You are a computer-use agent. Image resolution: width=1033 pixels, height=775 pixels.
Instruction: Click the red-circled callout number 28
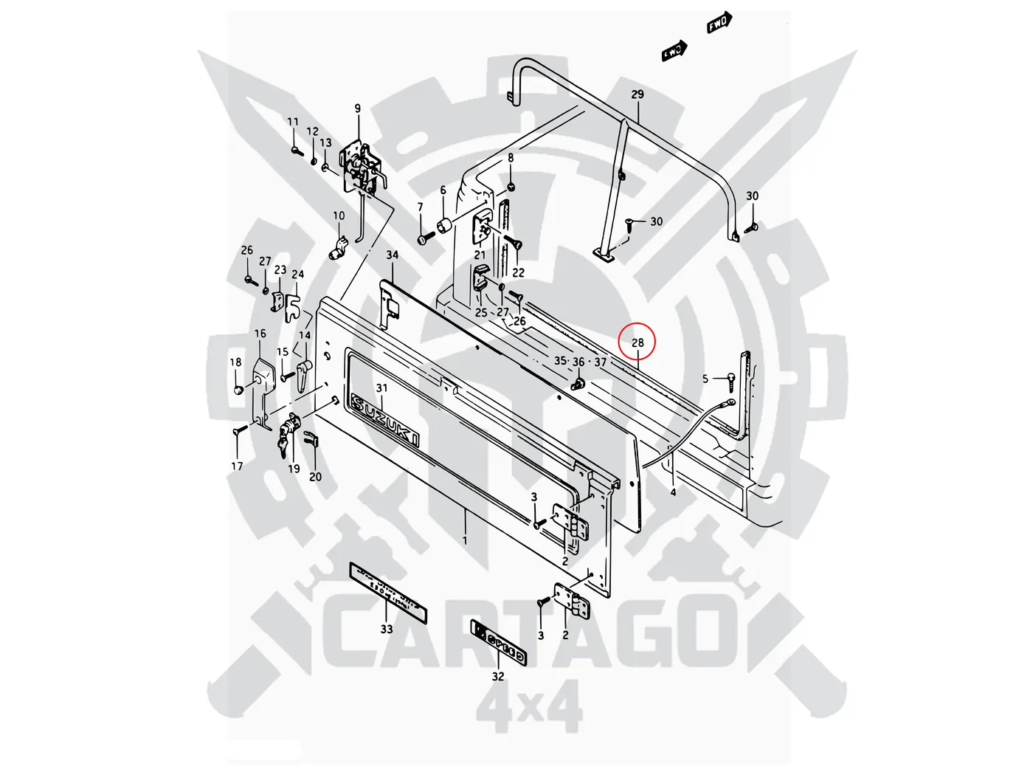638,342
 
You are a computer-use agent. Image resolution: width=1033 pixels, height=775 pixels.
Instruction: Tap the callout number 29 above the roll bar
638,94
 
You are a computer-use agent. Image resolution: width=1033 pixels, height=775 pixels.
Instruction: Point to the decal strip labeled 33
388,591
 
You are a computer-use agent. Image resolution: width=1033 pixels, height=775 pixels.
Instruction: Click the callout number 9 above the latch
358,109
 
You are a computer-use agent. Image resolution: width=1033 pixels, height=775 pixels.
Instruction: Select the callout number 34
392,255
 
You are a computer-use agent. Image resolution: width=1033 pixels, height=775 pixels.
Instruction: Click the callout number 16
260,334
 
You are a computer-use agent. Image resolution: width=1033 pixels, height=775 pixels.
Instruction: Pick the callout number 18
235,362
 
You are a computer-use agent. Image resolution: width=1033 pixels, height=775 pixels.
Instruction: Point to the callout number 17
237,466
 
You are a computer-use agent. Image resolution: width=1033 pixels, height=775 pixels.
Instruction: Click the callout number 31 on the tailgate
381,388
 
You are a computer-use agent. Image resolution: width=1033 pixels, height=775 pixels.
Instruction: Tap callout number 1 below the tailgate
465,540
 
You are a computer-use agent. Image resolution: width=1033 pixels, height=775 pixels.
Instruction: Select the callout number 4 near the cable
673,492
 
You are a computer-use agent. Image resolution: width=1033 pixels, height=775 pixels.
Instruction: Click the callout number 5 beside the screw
705,379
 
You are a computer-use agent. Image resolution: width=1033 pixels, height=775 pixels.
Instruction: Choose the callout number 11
293,123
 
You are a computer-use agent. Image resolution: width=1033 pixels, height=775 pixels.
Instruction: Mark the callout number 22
519,272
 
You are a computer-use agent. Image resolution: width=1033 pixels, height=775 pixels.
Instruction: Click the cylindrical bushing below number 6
445,224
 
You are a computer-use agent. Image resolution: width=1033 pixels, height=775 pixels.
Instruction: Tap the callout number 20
315,477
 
